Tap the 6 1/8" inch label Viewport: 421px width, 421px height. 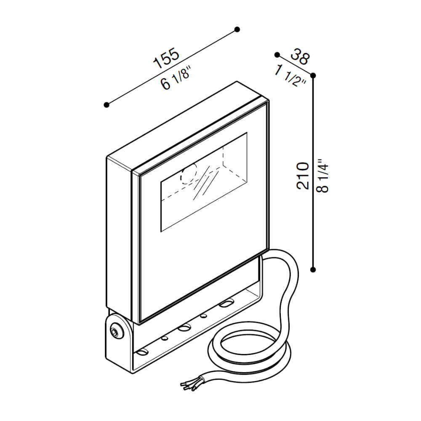(176, 80)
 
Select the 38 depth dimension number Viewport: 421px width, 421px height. (300, 57)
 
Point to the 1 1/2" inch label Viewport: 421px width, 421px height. (290, 77)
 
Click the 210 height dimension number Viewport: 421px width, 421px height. (303, 176)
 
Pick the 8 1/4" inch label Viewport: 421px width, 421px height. (322, 176)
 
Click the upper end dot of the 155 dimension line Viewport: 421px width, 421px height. (237, 29)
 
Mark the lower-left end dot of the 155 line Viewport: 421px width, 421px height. (107, 105)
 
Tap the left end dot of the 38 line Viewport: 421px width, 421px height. (277, 55)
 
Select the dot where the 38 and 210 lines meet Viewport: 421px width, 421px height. (313, 75)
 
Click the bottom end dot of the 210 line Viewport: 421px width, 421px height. (313, 269)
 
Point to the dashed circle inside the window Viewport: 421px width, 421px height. (189, 174)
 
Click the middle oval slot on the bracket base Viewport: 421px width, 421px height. (184, 328)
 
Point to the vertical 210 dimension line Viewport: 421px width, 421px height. (313, 172)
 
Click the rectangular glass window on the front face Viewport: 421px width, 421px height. (204, 182)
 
